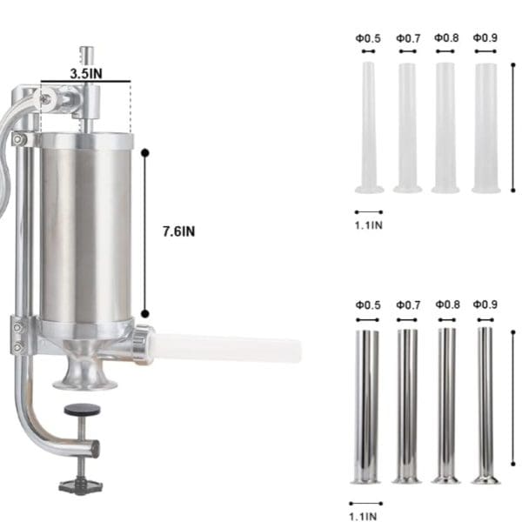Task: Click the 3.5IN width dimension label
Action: point(86,73)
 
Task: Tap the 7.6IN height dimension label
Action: point(178,231)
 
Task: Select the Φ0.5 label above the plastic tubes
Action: point(368,38)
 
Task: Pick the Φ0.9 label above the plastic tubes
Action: point(485,37)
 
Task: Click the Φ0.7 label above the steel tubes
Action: point(408,304)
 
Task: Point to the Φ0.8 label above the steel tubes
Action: point(447,304)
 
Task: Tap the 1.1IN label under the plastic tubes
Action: point(369,225)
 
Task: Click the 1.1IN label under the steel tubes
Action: point(363,516)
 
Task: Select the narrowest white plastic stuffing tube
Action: point(369,127)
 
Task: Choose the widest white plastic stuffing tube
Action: point(486,128)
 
